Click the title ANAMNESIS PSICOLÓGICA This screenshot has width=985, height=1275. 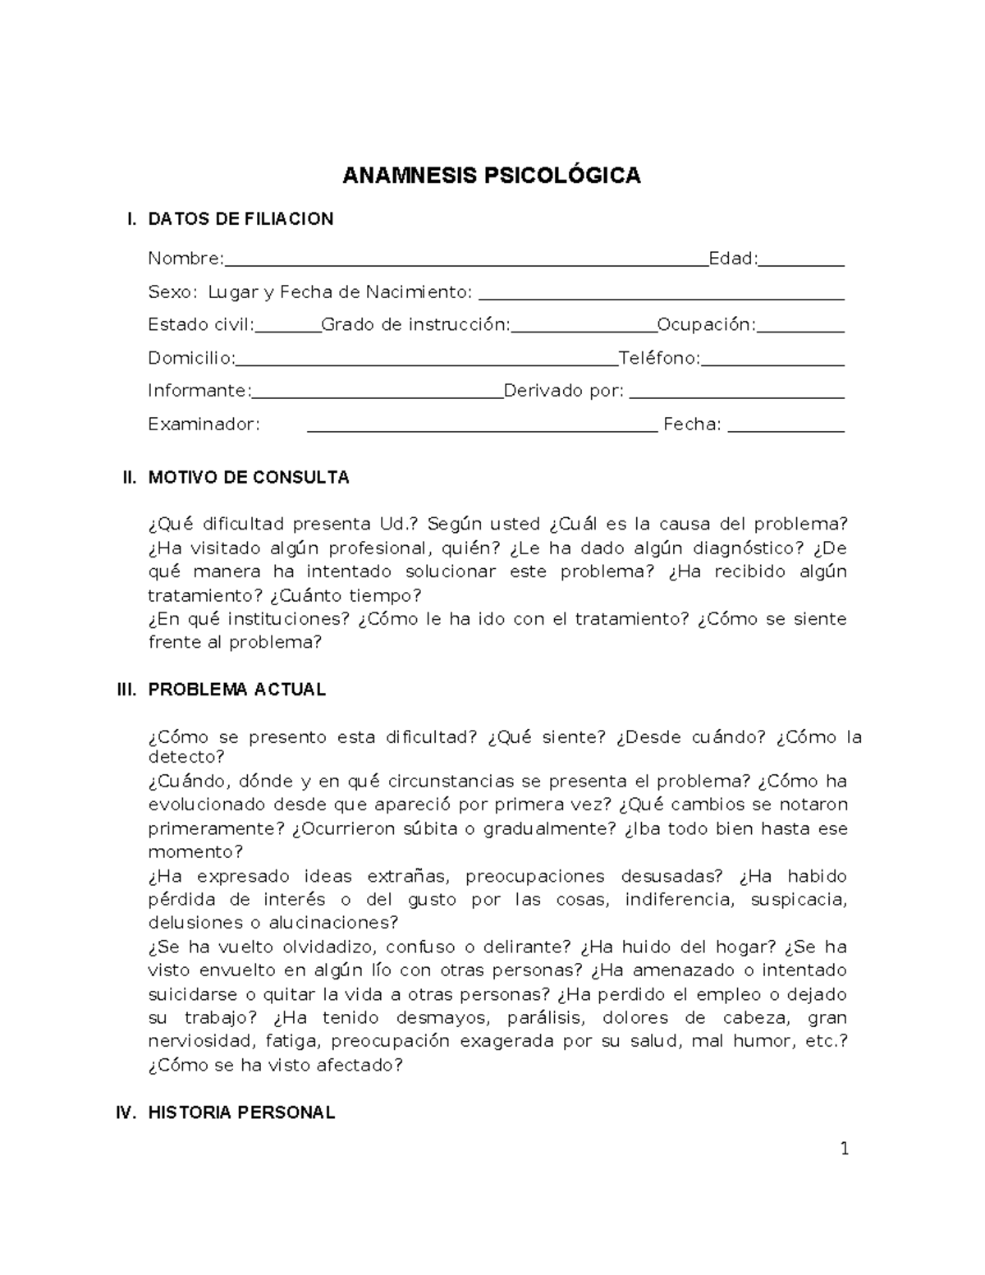(491, 176)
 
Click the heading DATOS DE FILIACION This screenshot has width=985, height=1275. (241, 219)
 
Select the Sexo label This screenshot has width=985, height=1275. (172, 292)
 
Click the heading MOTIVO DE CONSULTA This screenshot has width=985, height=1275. (248, 478)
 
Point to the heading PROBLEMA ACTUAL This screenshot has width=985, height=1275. (236, 690)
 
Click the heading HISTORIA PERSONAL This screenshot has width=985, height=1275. (241, 1113)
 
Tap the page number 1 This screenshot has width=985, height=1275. (844, 1149)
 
